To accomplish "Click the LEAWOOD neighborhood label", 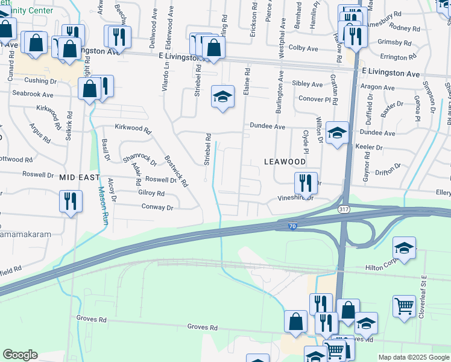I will tap(285, 162).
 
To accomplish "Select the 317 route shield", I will tap(344, 209).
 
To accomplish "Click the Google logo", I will tap(20, 355).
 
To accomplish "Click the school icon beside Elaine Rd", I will tap(222, 96).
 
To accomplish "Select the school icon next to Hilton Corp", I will tap(404, 247).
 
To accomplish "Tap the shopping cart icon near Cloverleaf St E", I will tap(404, 305).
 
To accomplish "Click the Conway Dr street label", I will tap(157, 208).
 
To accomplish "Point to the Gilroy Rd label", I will tap(151, 194).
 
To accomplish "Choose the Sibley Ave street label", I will tap(307, 84).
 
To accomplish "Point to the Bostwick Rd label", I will tap(177, 168).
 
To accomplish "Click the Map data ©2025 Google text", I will tap(412, 357).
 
